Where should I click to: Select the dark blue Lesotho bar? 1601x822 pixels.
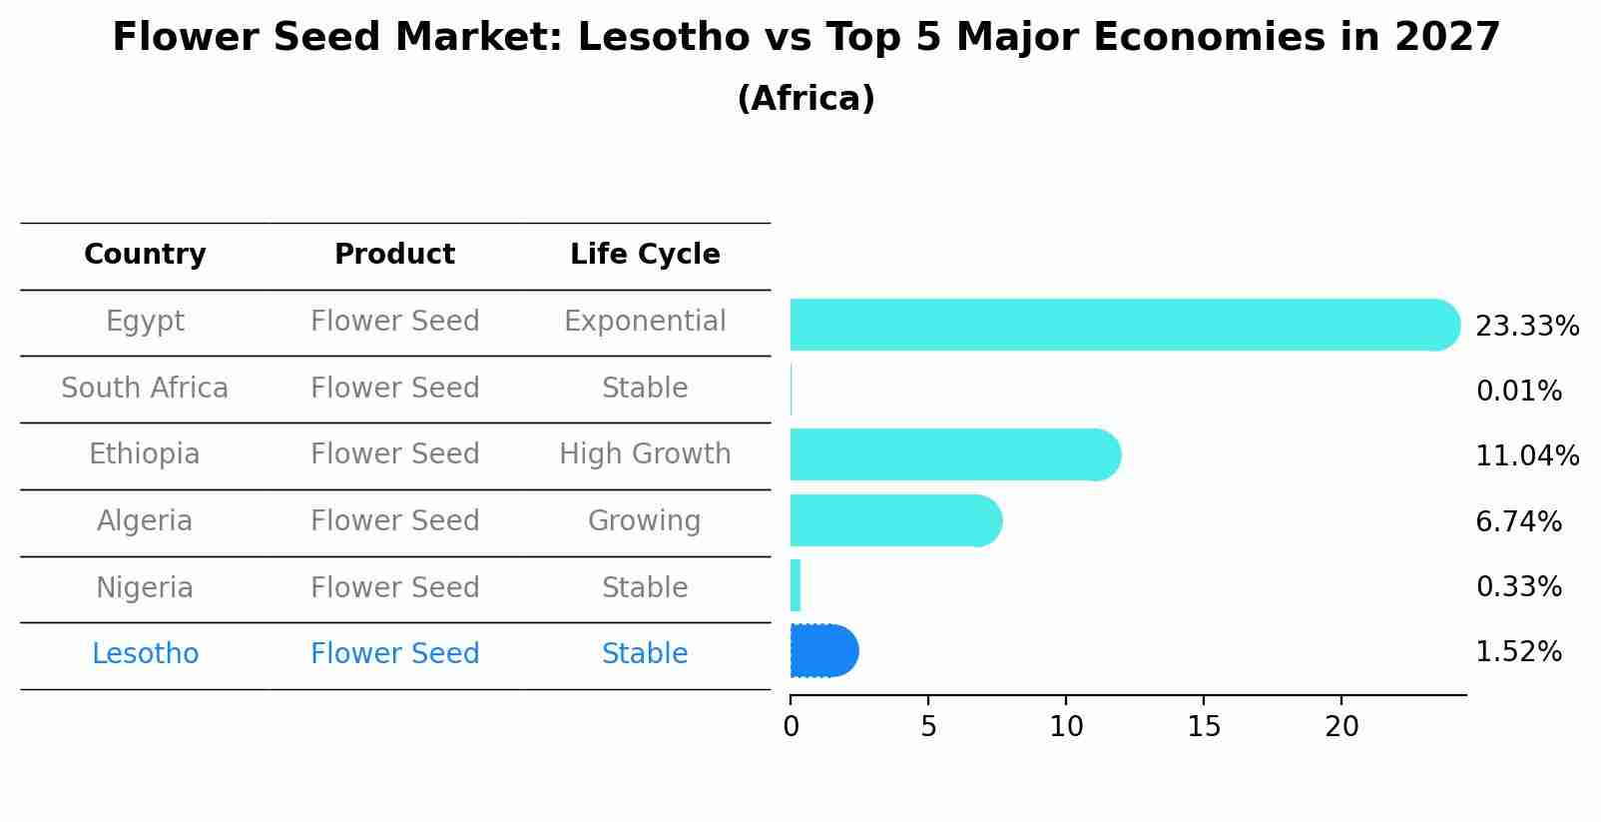click(x=823, y=651)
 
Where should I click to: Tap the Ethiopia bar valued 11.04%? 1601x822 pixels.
click(x=954, y=454)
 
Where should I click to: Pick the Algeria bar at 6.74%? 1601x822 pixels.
click(x=894, y=520)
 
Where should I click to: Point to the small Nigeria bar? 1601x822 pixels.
click(x=796, y=585)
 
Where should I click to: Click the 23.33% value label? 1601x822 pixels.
click(x=1526, y=327)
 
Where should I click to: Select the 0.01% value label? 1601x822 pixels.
click(x=1518, y=392)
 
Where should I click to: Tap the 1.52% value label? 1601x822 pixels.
click(x=1518, y=652)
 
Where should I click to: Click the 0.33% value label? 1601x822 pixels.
click(x=1518, y=587)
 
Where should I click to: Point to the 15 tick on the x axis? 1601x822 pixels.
click(x=1204, y=727)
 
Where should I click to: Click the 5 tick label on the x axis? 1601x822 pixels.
click(x=928, y=727)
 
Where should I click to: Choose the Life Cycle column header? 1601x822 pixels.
click(x=645, y=255)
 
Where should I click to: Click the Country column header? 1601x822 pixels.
click(x=145, y=255)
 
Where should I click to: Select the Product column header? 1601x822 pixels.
click(x=394, y=255)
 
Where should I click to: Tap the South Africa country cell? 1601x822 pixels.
click(x=145, y=388)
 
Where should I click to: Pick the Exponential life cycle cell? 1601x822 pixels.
click(x=645, y=322)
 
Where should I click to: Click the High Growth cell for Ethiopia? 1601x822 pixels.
click(x=645, y=454)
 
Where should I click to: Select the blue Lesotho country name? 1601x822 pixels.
click(x=145, y=654)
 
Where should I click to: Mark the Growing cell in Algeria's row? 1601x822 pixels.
click(x=645, y=521)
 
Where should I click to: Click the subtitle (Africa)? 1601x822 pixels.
click(x=805, y=99)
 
